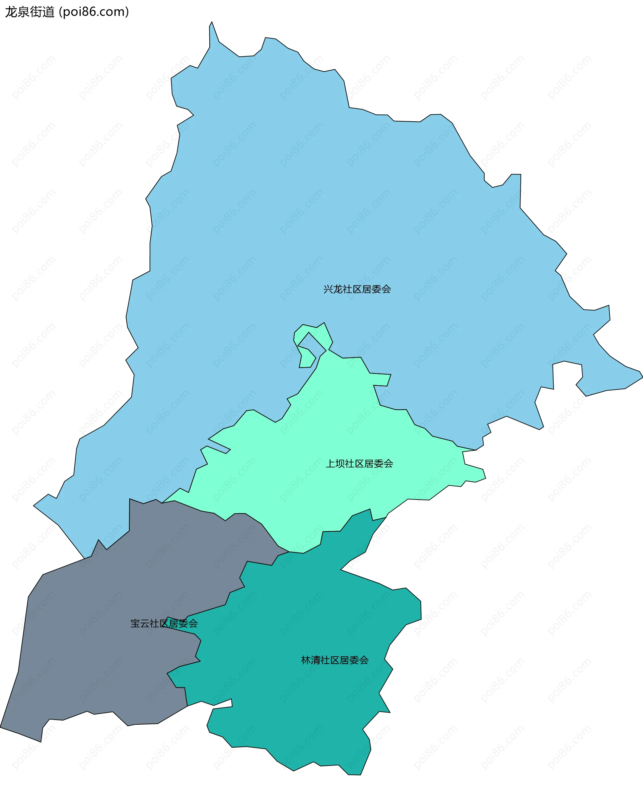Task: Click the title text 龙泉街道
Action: (29, 12)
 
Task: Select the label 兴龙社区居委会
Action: (357, 289)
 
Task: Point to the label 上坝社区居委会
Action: (359, 464)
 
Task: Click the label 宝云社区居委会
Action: (164, 623)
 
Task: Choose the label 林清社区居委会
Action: (335, 660)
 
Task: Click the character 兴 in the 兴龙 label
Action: (328, 289)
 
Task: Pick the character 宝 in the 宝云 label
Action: (135, 623)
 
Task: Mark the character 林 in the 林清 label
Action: (306, 660)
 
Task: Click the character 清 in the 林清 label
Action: (315, 660)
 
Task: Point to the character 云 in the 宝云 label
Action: (145, 623)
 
